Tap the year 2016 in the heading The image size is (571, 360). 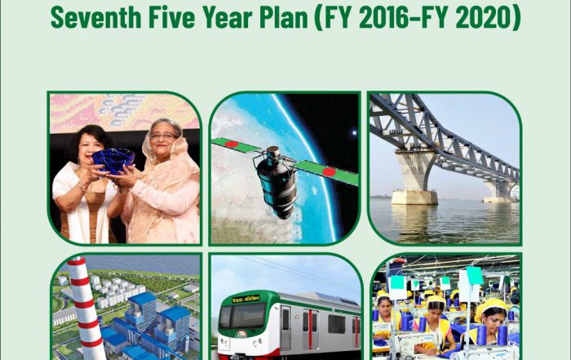coord(392,18)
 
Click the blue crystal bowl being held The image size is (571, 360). coord(113,161)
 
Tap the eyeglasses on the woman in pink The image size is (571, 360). coord(163,136)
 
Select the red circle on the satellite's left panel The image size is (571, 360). coord(231,144)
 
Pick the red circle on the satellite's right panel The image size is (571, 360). coord(329,171)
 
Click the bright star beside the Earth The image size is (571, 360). coord(353,132)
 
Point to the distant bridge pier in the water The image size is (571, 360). coord(497,191)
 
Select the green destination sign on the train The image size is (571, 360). coord(246,299)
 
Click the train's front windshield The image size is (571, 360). coord(242,316)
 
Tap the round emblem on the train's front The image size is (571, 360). coord(241,334)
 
